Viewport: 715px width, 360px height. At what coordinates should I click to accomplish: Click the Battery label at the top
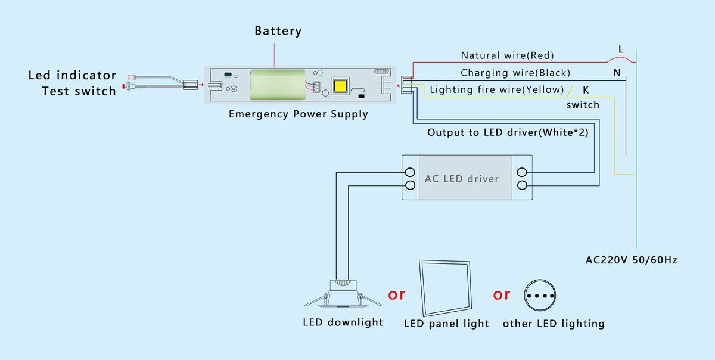[278, 31]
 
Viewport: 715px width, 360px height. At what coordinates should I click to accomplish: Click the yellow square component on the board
[341, 85]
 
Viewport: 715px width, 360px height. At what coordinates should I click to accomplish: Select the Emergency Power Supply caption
[298, 114]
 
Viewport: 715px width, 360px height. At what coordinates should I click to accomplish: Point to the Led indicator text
[72, 76]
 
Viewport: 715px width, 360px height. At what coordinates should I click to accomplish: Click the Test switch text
[79, 91]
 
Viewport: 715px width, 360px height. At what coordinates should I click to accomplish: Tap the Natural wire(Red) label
[507, 55]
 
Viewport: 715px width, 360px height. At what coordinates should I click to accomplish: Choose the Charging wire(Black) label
[515, 73]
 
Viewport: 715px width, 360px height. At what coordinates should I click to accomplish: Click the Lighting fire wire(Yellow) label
[496, 90]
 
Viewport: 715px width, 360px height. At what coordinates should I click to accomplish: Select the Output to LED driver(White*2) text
[508, 132]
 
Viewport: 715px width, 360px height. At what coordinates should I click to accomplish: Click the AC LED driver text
[461, 179]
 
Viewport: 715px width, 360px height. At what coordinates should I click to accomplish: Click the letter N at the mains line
[617, 73]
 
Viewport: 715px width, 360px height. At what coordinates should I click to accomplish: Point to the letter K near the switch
[586, 90]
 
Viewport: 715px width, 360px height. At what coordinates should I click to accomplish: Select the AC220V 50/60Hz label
[631, 260]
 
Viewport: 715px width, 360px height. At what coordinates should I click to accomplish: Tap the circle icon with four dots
[540, 295]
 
